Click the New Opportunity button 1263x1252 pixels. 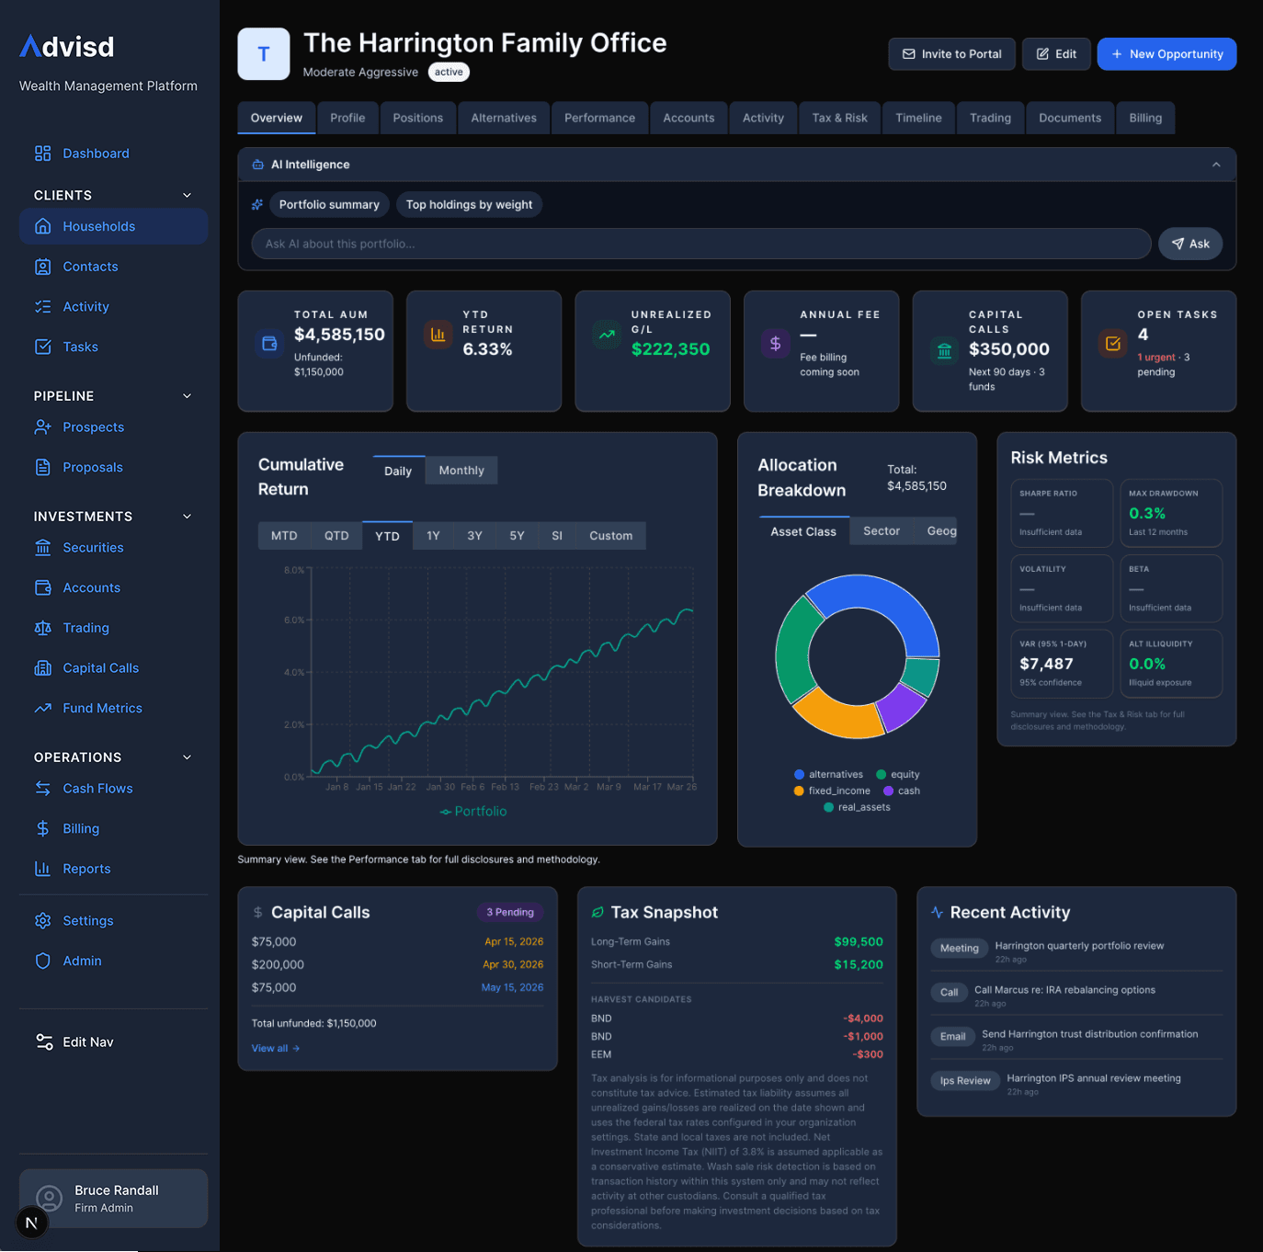click(1166, 54)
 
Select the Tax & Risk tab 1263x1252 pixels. click(839, 118)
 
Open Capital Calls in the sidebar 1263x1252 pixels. click(100, 668)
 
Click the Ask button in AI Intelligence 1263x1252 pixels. click(1189, 244)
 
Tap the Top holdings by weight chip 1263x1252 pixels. click(469, 205)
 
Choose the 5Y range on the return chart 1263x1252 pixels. click(517, 536)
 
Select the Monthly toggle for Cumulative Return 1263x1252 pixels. click(461, 471)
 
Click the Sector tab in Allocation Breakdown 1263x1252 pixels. click(881, 531)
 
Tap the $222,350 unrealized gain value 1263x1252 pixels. click(670, 349)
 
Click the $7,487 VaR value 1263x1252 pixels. click(1046, 664)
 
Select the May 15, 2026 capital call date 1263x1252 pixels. click(512, 987)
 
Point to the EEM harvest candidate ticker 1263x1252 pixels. click(601, 1054)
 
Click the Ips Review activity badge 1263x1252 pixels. click(965, 1081)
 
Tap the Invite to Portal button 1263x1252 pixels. click(951, 54)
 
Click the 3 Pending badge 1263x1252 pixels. click(510, 912)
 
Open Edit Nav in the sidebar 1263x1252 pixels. click(87, 1042)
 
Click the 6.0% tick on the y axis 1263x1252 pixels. click(294, 620)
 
